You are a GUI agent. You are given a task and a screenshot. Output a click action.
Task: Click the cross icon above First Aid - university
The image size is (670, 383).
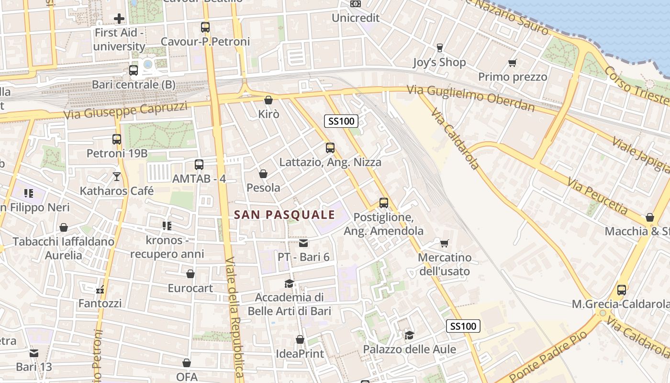click(119, 19)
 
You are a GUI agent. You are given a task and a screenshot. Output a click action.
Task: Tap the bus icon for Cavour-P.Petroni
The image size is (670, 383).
click(205, 27)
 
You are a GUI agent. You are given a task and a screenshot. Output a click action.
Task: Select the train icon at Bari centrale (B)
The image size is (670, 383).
click(134, 70)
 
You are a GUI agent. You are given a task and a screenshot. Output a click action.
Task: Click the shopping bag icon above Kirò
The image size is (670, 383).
click(268, 100)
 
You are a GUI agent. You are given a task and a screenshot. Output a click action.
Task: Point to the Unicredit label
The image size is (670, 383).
click(356, 18)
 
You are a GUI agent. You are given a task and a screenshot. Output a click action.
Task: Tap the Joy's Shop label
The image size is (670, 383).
click(439, 62)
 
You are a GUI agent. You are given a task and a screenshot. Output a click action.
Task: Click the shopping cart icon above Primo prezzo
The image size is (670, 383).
click(513, 63)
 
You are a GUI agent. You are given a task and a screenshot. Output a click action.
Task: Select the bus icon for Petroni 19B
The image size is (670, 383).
click(117, 139)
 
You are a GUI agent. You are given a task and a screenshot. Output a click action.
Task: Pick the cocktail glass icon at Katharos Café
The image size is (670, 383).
click(117, 177)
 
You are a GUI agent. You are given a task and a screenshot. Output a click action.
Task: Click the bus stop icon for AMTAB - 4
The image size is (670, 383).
click(199, 165)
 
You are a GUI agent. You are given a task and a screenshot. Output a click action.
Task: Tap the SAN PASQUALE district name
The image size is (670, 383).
click(285, 215)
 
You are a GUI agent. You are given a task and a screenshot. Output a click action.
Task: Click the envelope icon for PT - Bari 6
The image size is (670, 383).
click(303, 243)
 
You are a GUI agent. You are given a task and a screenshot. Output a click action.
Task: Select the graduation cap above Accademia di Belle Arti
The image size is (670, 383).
click(289, 283)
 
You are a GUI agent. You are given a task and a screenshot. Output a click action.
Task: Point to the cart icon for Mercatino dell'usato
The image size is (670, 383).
click(445, 244)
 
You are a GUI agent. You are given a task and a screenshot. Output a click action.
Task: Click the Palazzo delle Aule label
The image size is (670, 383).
click(409, 349)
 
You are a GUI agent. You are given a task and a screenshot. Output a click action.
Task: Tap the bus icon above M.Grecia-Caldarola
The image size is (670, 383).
click(621, 290)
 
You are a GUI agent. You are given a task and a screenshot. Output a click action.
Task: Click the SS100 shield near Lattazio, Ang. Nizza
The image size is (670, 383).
click(341, 121)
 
